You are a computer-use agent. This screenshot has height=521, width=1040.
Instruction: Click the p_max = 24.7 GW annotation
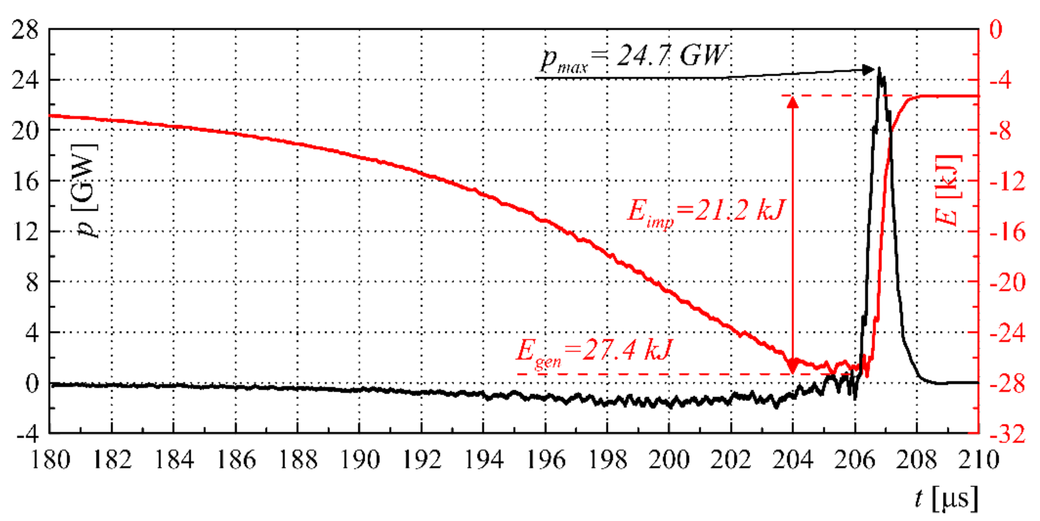click(634, 58)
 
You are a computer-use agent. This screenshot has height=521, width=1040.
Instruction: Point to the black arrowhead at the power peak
click(868, 70)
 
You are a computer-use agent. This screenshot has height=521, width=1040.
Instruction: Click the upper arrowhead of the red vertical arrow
click(793, 102)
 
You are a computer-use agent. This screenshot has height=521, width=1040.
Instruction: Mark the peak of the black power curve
click(879, 69)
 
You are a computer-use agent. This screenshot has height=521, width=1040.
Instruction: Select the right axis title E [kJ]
click(948, 190)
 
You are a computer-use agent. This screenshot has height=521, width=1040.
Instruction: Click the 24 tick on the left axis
click(25, 80)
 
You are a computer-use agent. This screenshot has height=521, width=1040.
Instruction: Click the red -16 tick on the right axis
click(1007, 232)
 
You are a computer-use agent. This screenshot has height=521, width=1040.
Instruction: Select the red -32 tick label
click(1007, 435)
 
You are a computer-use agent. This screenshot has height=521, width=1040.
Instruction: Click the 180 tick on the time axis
click(50, 460)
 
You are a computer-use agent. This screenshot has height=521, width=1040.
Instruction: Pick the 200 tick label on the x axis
click(669, 460)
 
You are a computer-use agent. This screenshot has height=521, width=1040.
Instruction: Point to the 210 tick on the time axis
click(979, 460)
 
